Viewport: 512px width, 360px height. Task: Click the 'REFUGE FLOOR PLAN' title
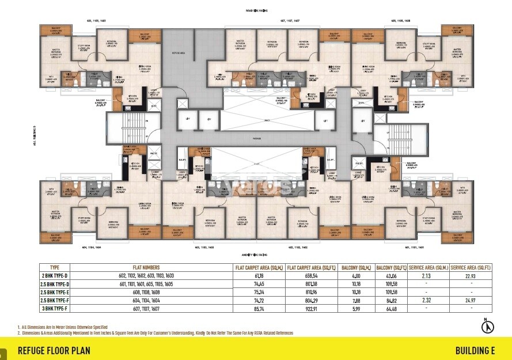point(54,350)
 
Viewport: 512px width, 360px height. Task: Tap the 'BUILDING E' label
point(475,350)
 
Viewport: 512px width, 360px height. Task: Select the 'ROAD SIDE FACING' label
point(256,10)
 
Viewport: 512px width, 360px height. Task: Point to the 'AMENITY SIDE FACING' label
point(256,254)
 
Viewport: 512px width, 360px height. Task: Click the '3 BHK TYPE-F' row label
point(55,308)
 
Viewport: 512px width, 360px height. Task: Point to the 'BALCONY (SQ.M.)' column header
point(356,268)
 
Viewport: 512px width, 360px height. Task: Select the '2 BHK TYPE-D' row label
point(55,276)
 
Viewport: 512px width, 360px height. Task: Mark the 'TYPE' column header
point(55,268)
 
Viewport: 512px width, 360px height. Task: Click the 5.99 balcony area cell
point(356,308)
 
